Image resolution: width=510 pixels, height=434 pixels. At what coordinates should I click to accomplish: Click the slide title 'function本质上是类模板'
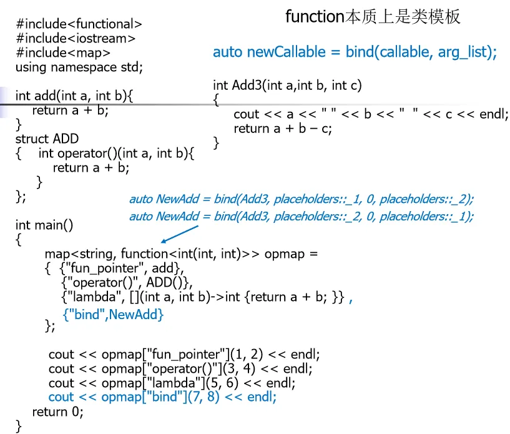coord(373,17)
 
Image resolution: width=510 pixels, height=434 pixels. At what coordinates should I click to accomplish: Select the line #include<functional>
coord(79,25)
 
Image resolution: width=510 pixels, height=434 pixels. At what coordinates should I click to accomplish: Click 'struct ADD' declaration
coord(47,139)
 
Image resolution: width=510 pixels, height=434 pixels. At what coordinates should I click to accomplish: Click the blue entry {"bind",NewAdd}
coord(113,315)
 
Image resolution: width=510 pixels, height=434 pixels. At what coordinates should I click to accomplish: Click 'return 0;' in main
coord(57,412)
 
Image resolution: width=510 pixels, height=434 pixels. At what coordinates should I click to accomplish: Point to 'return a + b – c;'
coord(283,129)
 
